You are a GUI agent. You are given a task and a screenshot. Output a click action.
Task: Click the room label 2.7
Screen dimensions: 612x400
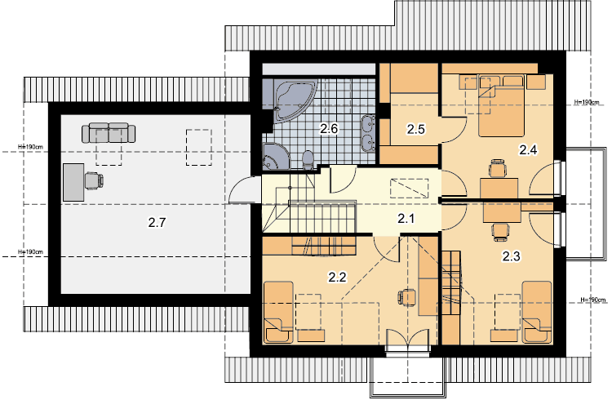pos(157,223)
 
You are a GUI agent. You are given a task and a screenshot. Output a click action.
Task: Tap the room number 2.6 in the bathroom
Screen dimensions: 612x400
pos(329,128)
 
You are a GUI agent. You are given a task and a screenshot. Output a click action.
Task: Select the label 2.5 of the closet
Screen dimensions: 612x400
pos(415,129)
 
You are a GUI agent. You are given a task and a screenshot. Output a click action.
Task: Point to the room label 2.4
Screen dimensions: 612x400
pos(528,149)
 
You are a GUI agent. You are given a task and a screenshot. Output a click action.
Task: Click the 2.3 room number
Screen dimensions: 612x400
pos(511,256)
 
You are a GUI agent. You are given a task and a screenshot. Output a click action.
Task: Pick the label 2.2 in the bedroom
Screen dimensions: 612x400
pos(337,278)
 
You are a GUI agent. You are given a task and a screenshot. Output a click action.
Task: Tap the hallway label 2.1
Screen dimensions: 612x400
pos(406,219)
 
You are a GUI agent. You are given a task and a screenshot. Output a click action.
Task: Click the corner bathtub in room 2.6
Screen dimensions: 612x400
pos(295,100)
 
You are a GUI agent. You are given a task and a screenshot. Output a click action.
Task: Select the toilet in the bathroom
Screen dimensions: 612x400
pos(308,160)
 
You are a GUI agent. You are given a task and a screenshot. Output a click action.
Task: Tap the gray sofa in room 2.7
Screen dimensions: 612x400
pos(109,132)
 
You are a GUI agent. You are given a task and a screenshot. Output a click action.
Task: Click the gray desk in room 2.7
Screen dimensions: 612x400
pos(73,182)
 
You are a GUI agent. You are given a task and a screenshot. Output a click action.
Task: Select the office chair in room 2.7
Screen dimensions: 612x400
pos(94,181)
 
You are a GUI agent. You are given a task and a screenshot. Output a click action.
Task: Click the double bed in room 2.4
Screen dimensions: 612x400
pos(501,105)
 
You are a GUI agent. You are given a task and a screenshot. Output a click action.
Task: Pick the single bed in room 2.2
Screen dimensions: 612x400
pos(278,313)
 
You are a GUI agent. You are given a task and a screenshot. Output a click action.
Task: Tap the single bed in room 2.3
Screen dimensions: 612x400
pos(537,313)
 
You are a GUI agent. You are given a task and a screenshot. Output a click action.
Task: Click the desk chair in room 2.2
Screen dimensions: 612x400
pos(407,298)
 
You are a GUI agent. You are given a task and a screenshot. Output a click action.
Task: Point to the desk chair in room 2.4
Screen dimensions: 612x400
pos(498,169)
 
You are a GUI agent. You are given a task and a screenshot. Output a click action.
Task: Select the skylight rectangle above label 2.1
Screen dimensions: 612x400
pos(410,189)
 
